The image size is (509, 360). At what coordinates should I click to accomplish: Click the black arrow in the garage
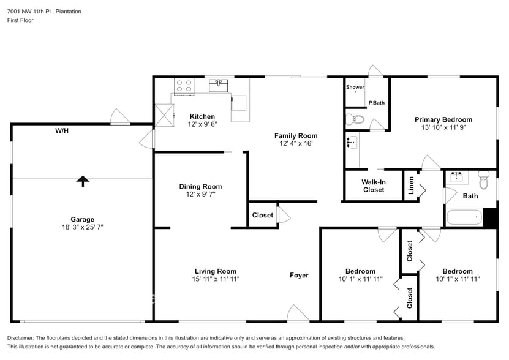82,180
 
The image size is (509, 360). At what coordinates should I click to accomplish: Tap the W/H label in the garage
62,131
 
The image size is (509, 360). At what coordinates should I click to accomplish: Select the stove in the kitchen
184,86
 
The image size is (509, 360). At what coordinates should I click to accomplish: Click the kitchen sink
219,85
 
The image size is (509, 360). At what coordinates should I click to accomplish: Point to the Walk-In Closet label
373,186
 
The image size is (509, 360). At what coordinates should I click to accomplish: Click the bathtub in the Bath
464,217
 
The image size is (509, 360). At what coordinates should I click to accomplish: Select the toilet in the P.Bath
355,119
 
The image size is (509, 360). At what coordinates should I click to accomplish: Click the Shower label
355,88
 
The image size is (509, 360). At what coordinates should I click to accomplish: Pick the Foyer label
299,275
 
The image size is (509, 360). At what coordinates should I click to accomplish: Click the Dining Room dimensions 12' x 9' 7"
200,194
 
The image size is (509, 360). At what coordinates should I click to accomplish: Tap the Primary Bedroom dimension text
443,128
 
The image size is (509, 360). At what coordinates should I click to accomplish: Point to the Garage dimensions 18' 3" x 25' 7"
82,227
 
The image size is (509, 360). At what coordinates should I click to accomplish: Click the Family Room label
295,135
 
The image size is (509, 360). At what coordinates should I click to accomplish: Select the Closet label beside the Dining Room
263,215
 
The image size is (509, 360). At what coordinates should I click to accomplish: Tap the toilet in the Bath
484,180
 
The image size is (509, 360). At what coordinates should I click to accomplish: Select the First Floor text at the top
20,20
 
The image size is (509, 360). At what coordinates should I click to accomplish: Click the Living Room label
215,271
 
